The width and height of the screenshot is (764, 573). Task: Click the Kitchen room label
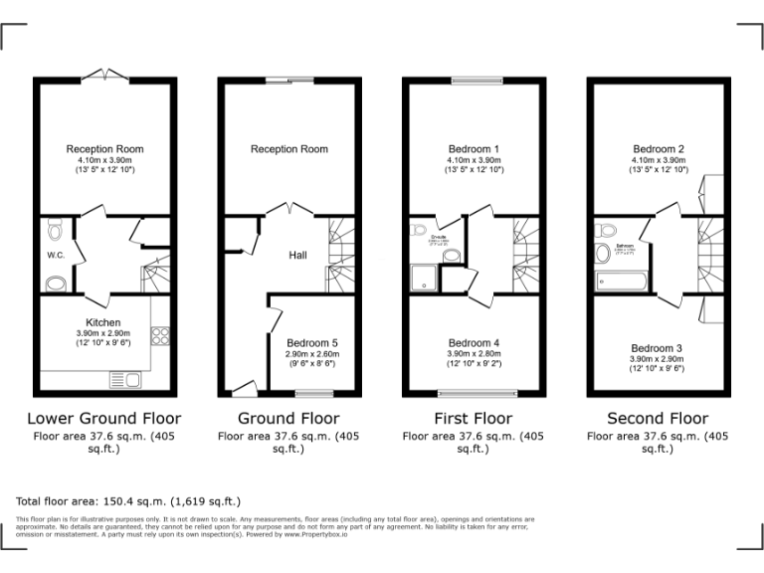coord(103,322)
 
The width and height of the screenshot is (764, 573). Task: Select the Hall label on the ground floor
coord(297,256)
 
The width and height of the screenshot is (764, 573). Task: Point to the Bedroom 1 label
coord(474,149)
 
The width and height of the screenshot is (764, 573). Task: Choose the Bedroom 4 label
coord(474,342)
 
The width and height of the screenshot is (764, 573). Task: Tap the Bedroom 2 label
coord(658,149)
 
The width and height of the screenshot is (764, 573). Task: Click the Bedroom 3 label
coord(658,348)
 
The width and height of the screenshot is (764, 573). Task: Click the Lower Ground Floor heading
coord(103,419)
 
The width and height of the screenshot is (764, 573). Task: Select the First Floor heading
coord(474,419)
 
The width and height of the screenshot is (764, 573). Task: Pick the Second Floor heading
coord(658,419)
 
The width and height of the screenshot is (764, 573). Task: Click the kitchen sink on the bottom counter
coord(129,380)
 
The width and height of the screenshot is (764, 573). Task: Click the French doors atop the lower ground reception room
coord(104,77)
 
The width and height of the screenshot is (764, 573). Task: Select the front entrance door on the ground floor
coord(243,387)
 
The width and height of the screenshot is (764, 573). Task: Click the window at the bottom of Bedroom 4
coord(474,393)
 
